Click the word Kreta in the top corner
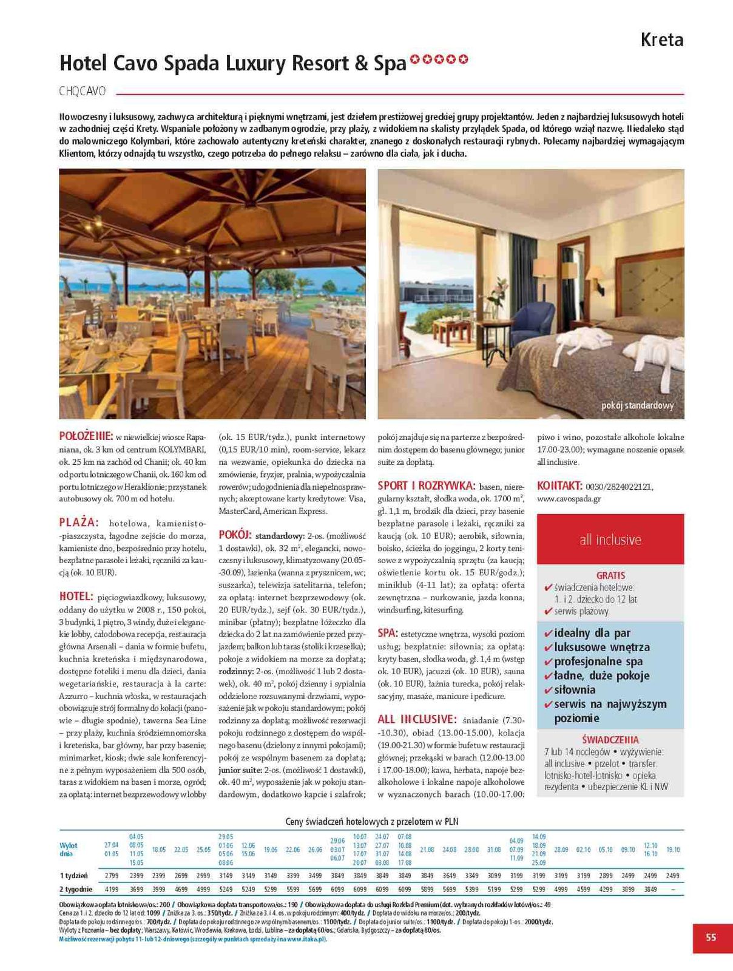(662, 40)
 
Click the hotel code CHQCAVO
(83, 92)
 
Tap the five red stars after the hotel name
(439, 59)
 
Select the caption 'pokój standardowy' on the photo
(637, 405)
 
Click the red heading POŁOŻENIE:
(86, 436)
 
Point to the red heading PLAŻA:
(78, 523)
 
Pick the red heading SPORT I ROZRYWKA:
(426, 486)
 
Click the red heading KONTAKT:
(559, 486)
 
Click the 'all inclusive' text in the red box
(610, 540)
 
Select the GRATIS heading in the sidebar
(610, 575)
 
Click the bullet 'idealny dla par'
(592, 633)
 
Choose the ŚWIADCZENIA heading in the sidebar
(610, 740)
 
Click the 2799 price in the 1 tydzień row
(112, 876)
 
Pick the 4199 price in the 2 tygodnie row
(112, 890)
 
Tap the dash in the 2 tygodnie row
(673, 890)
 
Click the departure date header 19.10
(673, 850)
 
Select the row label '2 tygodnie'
(76, 890)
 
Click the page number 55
(711, 937)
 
